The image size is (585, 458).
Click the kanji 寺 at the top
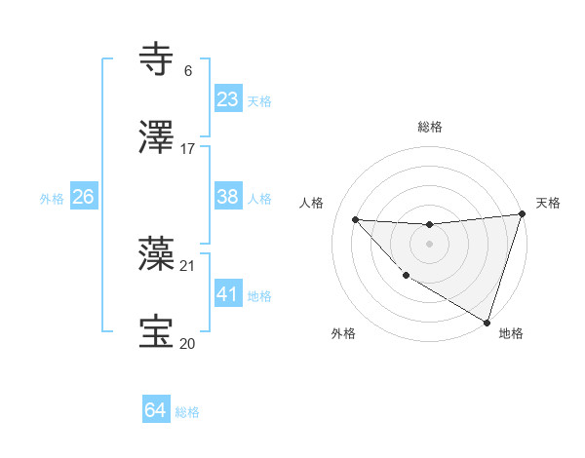click(157, 58)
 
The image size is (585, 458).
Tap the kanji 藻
click(157, 255)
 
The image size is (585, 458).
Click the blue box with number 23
click(227, 99)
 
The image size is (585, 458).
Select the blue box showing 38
click(227, 196)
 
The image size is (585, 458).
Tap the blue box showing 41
click(227, 292)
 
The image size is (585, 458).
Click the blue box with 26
click(83, 196)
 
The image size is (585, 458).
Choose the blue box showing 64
click(155, 410)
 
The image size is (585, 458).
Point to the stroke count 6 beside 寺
click(187, 71)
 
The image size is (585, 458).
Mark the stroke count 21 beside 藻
click(188, 265)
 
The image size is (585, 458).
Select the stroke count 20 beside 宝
click(188, 343)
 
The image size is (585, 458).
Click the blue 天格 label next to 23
click(259, 101)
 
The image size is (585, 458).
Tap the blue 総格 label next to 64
click(187, 412)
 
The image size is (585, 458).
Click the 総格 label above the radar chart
click(430, 127)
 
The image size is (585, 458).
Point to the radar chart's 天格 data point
click(522, 214)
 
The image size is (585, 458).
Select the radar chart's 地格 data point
click(487, 322)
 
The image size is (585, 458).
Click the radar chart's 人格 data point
click(355, 219)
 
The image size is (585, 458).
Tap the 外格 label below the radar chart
click(343, 333)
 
